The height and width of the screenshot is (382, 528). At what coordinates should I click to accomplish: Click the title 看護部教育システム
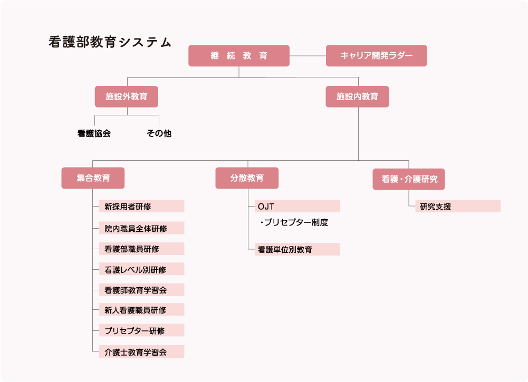coord(110,43)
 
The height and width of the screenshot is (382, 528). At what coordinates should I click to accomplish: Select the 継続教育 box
coord(239,56)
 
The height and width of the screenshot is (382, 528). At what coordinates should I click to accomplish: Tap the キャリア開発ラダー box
coord(376,56)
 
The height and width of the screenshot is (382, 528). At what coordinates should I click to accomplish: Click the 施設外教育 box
coord(126,97)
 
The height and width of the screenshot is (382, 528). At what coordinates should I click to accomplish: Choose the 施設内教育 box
coord(357,97)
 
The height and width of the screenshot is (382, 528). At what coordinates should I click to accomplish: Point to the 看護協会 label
coord(94,134)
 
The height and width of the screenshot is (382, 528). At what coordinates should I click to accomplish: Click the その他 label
coord(159,134)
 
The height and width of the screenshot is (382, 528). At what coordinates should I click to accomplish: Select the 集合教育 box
coord(93,178)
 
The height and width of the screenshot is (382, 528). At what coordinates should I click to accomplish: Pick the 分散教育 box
coord(247,178)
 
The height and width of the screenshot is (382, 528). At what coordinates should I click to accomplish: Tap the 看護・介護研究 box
coord(409,179)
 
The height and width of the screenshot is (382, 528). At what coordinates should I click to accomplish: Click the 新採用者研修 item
coord(141,207)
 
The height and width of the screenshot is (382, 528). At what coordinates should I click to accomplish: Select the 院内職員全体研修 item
coord(141,228)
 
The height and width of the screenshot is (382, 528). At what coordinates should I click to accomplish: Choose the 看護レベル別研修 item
coord(141,269)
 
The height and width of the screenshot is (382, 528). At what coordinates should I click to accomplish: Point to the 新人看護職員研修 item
coord(141,310)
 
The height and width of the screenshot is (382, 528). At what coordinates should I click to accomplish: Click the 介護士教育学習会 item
coord(141,351)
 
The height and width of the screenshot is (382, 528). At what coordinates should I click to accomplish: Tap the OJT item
coord(297,206)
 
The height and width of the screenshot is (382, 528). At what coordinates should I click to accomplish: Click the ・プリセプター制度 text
coord(294,222)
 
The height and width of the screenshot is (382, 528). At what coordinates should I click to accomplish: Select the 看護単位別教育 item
coord(297,249)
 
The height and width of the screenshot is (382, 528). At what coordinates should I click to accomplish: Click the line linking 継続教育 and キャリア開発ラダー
coord(308,56)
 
